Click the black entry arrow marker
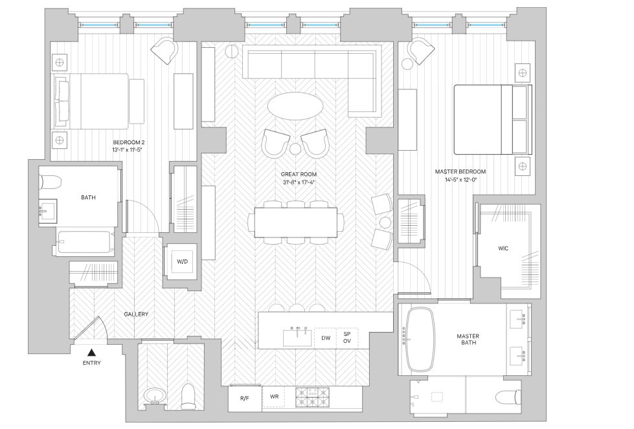[x=92, y=353]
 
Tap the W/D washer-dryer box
[x=182, y=262]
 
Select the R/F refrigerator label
[x=245, y=398]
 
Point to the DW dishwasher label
[x=326, y=338]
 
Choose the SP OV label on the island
[x=347, y=337]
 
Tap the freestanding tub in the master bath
[x=420, y=338]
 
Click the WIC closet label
[x=504, y=248]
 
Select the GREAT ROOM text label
[x=299, y=174]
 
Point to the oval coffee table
[x=298, y=105]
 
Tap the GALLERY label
[x=136, y=314]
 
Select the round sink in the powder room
[x=155, y=395]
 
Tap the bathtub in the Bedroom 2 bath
[x=84, y=242]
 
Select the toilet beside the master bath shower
[x=507, y=395]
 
